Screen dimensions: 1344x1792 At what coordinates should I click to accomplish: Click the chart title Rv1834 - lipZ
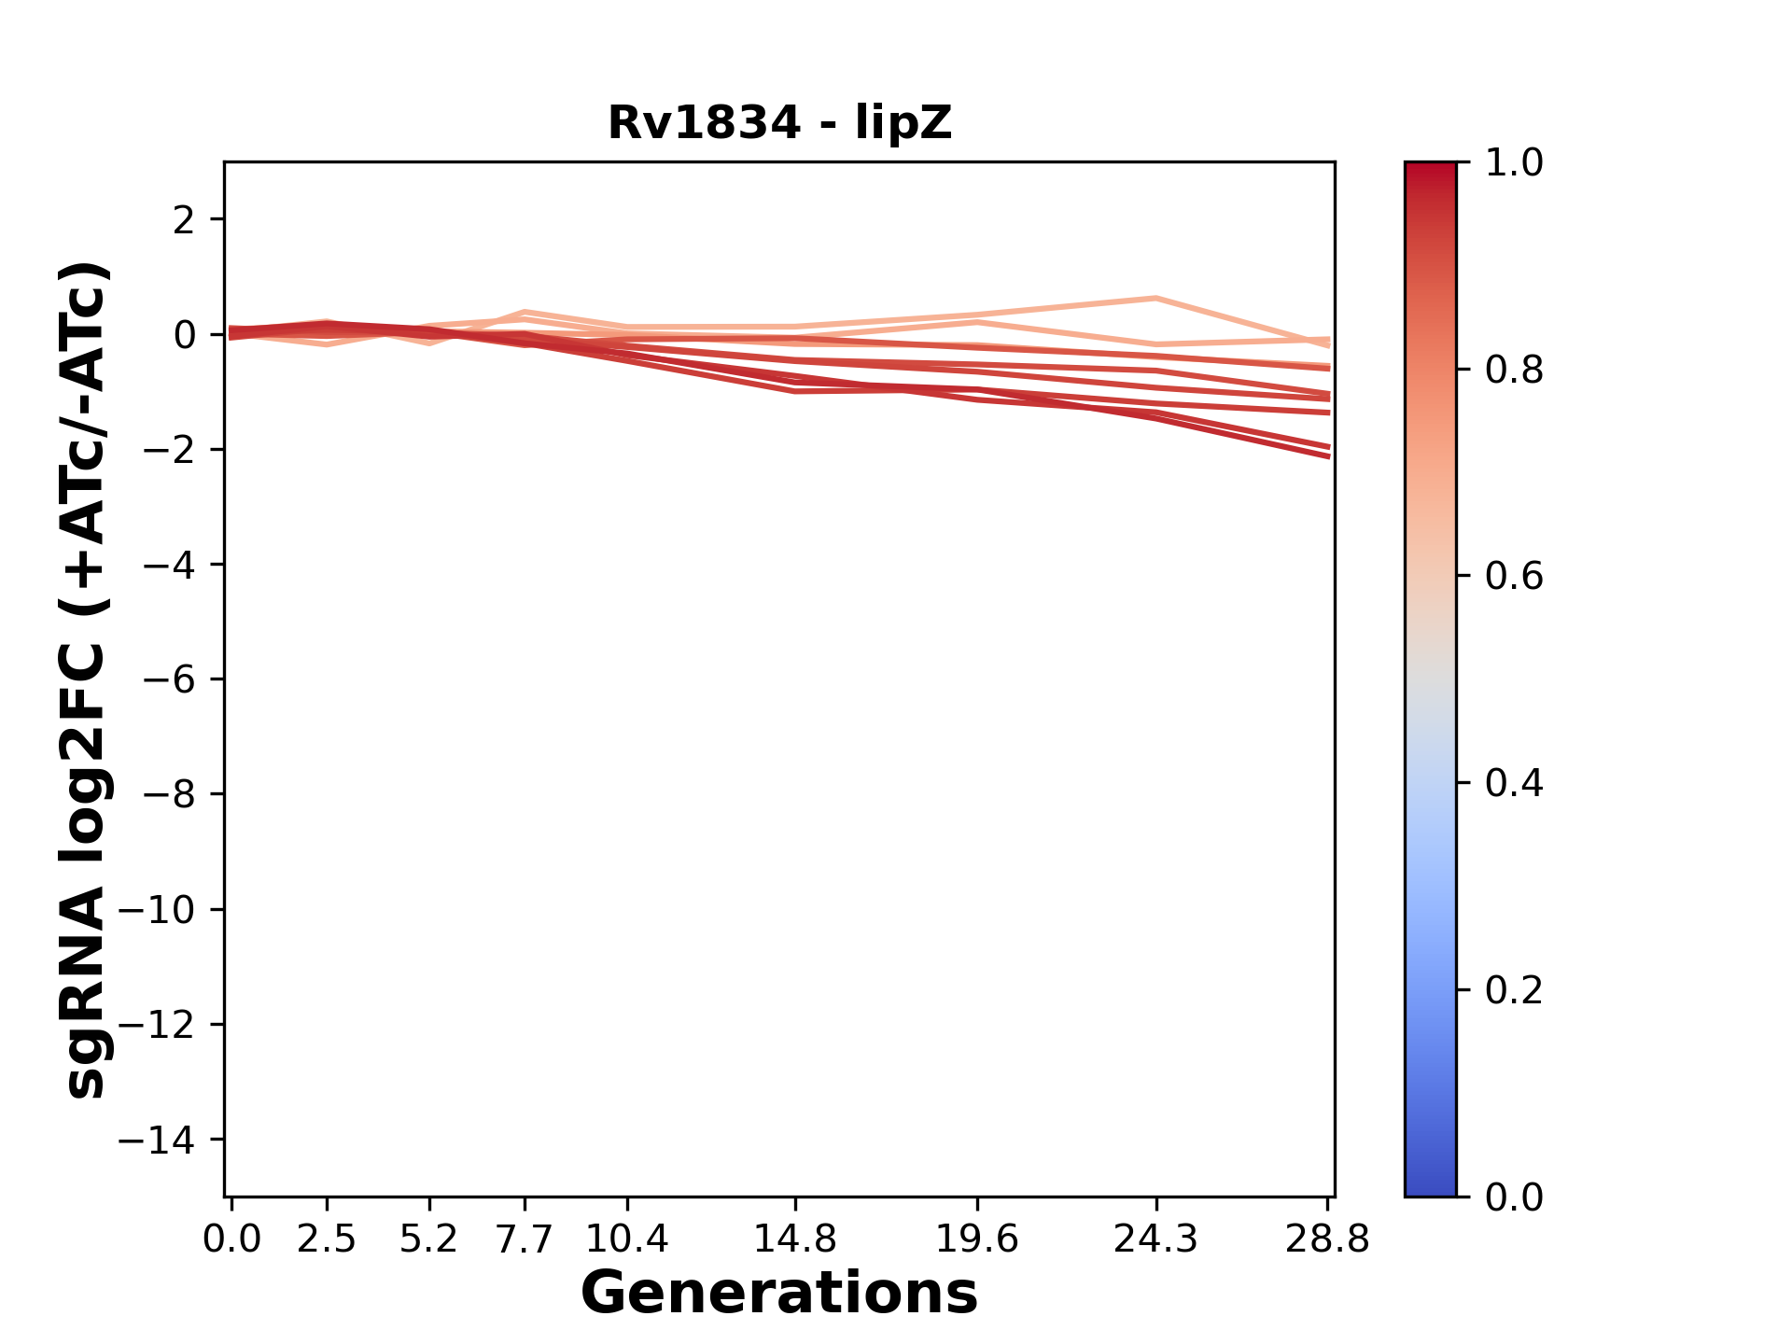pos(779,123)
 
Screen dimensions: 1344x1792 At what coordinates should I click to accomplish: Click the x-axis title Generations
pos(779,1294)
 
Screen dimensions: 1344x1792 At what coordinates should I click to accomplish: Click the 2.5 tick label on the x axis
pos(327,1239)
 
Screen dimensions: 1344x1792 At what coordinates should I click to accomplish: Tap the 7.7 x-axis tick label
pos(525,1239)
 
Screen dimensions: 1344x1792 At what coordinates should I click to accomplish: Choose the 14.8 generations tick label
pos(794,1239)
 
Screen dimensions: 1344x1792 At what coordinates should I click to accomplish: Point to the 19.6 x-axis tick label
pos(976,1239)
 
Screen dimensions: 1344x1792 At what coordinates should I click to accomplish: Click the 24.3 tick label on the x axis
pos(1155,1239)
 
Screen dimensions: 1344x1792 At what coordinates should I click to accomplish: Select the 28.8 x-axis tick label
pos(1327,1239)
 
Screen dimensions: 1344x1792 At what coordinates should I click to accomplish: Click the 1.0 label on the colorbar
pos(1514,163)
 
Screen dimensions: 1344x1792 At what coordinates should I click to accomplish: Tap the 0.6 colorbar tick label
pos(1514,577)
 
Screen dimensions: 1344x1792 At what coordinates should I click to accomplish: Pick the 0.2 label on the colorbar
pos(1514,990)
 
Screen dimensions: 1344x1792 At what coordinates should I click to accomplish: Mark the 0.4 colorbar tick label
pos(1514,783)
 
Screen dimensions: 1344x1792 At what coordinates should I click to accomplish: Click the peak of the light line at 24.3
pos(1155,299)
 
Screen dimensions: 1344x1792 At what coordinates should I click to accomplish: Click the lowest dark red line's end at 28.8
pos(1328,456)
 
